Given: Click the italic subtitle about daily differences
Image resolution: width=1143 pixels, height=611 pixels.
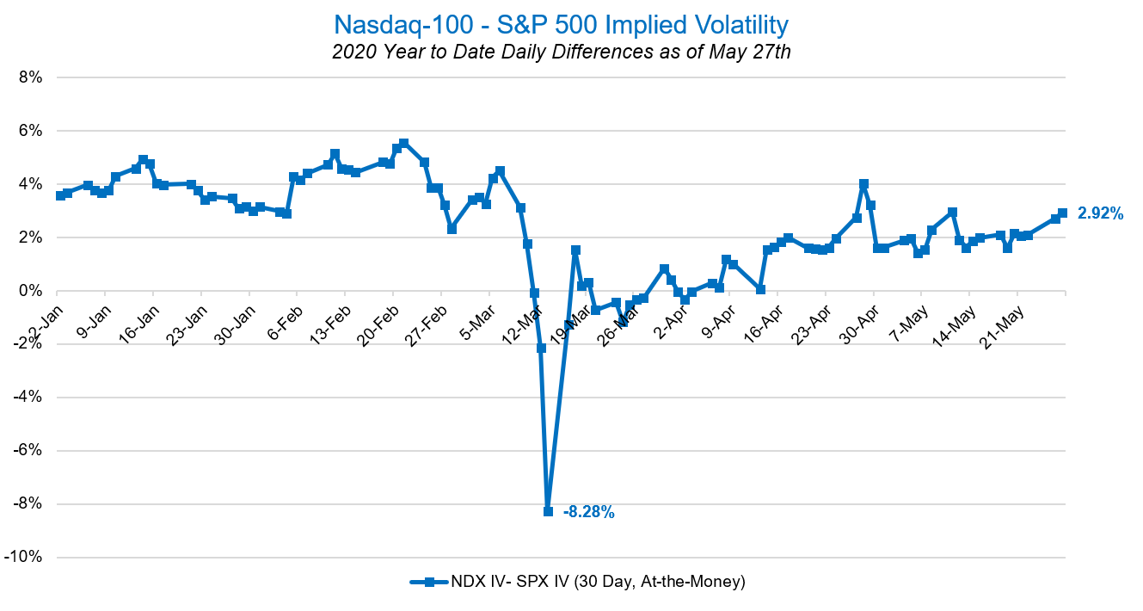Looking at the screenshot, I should tap(561, 52).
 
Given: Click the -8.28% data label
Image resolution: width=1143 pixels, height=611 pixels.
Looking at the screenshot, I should tap(588, 512).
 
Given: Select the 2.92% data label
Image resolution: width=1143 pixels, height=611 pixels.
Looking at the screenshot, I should tap(1100, 214).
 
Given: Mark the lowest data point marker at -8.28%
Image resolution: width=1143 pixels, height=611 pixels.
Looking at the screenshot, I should tap(548, 511).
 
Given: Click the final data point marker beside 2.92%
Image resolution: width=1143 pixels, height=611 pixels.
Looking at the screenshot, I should tap(1062, 213).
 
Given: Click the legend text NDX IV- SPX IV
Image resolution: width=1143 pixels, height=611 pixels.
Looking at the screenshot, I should tap(598, 582).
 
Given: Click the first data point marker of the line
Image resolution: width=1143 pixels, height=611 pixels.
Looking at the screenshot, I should tap(60, 195).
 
